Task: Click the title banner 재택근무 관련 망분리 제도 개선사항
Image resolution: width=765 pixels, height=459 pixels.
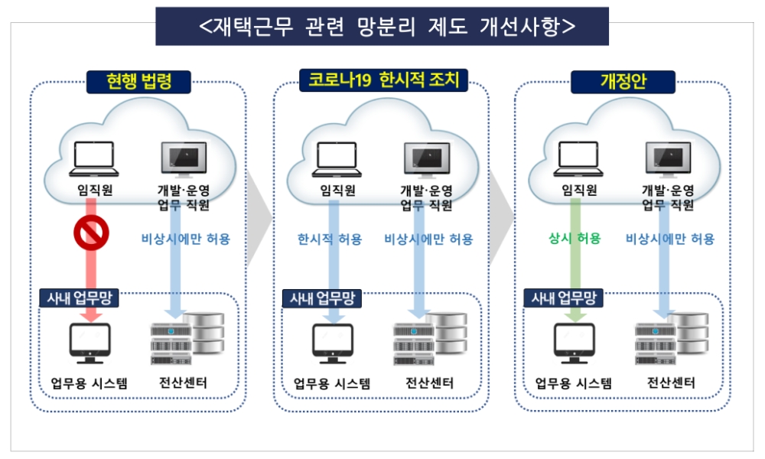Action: pos(382,26)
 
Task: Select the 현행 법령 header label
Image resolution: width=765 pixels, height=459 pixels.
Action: pos(138,81)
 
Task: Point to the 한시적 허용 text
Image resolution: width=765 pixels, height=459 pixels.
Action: pos(330,239)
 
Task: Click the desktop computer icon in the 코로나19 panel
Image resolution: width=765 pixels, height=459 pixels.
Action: pos(333,344)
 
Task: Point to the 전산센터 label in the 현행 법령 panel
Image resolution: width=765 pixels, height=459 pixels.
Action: pos(182,382)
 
